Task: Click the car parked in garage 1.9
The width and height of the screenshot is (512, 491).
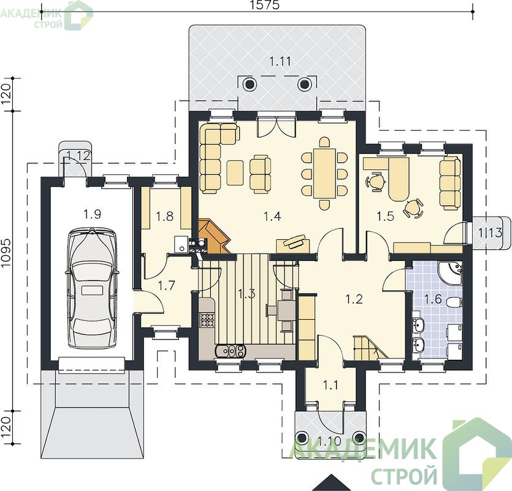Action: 93,289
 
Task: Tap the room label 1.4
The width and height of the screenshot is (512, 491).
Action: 272,216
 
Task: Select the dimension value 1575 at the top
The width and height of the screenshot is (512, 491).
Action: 264,6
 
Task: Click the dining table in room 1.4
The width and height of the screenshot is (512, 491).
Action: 324,173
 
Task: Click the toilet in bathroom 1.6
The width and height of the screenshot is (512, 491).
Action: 454,303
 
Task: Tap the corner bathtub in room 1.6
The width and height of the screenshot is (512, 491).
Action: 450,273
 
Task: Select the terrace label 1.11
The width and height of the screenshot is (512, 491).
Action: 280,61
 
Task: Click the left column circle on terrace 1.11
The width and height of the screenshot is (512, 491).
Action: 250,84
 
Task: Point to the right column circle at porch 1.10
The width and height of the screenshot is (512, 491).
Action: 359,437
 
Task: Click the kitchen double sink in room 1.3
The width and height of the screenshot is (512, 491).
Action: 231,351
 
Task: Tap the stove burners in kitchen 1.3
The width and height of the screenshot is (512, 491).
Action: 207,320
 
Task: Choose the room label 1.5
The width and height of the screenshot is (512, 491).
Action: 385,216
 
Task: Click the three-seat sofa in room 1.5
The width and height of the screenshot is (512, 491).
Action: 450,184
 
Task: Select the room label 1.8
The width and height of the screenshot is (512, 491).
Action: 164,216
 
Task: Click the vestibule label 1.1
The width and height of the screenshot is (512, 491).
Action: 331,385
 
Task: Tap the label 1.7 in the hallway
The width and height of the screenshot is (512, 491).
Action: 167,286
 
